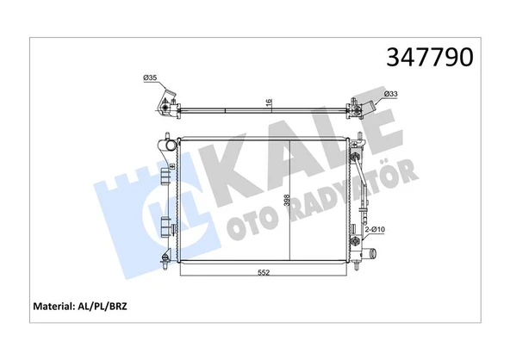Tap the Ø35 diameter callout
tap(150, 79)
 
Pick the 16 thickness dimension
tap(270, 102)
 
